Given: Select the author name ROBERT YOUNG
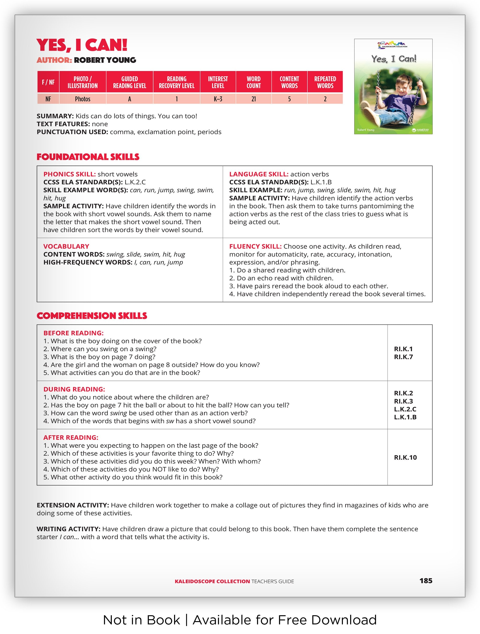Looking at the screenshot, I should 105,60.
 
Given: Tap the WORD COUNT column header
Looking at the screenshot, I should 254,82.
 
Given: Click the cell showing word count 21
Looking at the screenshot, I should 254,99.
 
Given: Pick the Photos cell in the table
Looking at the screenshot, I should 82,99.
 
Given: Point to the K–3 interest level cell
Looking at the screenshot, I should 218,99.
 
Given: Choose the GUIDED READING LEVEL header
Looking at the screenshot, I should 130,82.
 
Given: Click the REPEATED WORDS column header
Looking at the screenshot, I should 325,82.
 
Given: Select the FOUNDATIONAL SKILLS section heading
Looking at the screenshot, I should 88,157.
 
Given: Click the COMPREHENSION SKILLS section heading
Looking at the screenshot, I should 92,316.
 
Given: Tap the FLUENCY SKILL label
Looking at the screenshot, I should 255,247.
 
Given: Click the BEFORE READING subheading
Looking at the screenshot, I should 73,333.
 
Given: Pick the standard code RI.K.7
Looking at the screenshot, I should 403,357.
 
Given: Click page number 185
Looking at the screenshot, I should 426,581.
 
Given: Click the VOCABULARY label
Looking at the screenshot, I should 66,247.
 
